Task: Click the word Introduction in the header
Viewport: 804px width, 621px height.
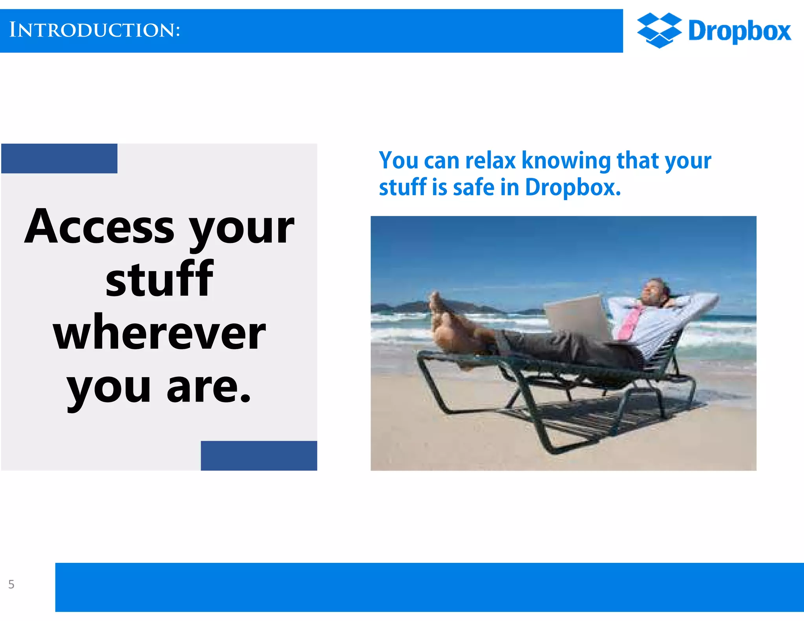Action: click(x=94, y=30)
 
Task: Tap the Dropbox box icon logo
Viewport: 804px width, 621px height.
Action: click(x=659, y=30)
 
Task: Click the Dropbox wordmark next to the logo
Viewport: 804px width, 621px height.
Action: click(x=740, y=31)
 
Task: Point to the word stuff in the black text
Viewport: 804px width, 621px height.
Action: click(x=159, y=279)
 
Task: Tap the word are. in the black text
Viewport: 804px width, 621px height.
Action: click(x=208, y=388)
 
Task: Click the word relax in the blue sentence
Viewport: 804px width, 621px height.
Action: click(x=490, y=161)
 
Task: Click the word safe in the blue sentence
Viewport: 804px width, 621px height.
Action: click(x=473, y=187)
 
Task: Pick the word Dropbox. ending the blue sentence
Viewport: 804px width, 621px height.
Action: click(x=573, y=187)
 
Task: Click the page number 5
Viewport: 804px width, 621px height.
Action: click(x=11, y=584)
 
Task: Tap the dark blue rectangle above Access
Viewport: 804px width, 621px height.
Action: click(x=59, y=159)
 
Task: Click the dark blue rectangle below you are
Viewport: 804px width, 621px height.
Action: click(x=259, y=455)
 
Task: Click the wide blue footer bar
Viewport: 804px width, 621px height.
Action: click(x=429, y=587)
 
